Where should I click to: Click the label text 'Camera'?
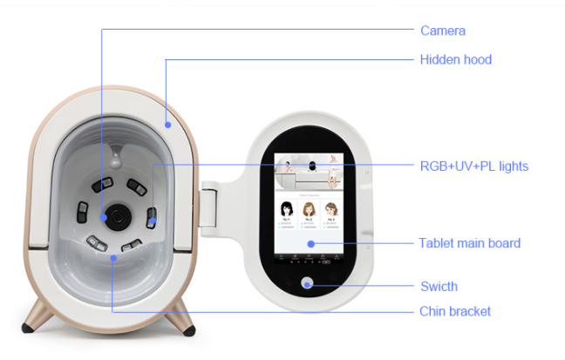443,31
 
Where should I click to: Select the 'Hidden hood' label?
456,59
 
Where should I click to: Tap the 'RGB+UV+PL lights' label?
473,166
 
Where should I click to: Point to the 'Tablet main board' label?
469,243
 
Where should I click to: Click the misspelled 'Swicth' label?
438,286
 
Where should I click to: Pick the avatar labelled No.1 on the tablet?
285,212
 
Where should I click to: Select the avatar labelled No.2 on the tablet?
308,212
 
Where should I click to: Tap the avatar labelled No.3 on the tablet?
330,212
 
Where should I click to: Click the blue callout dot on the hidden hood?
167,123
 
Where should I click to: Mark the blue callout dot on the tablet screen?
309,244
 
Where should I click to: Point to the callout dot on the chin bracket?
112,258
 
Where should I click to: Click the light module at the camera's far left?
83,212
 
